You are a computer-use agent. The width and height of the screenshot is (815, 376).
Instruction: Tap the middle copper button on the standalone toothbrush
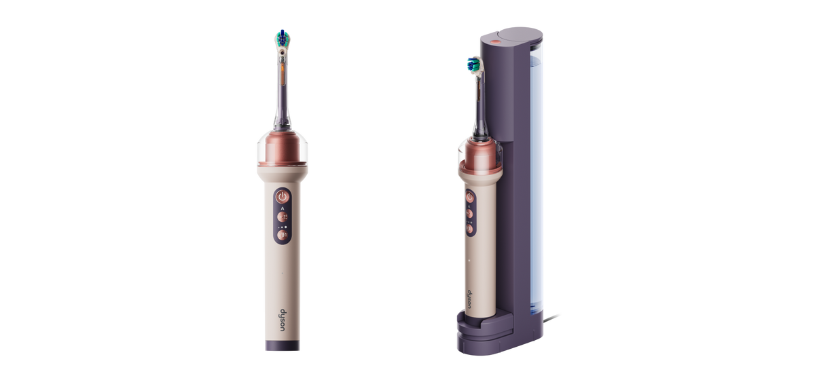(x=283, y=217)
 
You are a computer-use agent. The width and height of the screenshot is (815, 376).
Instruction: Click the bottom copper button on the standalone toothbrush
(x=283, y=236)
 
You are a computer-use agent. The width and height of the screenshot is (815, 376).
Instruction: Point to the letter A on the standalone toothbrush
(x=283, y=208)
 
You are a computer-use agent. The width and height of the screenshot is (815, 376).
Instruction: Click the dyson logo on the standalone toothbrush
(x=283, y=320)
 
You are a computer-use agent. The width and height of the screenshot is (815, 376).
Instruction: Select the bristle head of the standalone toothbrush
(x=283, y=37)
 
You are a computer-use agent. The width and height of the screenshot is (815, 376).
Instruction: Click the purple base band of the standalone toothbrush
(x=283, y=345)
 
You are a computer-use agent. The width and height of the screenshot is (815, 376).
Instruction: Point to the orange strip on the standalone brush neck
(x=283, y=72)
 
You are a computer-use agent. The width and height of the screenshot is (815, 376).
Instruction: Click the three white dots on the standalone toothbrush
(x=283, y=227)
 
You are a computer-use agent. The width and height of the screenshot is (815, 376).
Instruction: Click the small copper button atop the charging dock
(x=495, y=42)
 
